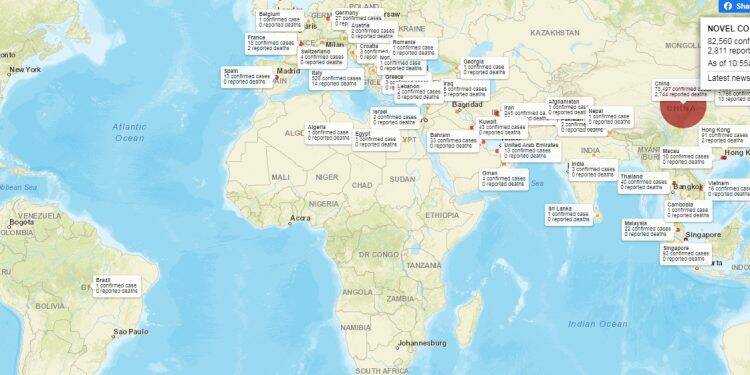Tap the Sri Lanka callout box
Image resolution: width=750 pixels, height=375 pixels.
[x=567, y=213]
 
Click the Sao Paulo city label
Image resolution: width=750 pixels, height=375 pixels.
[x=130, y=331]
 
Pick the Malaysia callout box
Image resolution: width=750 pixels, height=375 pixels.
[x=648, y=228]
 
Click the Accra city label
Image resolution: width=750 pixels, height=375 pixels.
[x=300, y=218]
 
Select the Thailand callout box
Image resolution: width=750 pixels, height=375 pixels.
[x=643, y=181]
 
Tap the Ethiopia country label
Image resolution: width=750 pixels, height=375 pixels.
[x=442, y=214]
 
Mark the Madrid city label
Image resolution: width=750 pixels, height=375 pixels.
[x=288, y=71]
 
